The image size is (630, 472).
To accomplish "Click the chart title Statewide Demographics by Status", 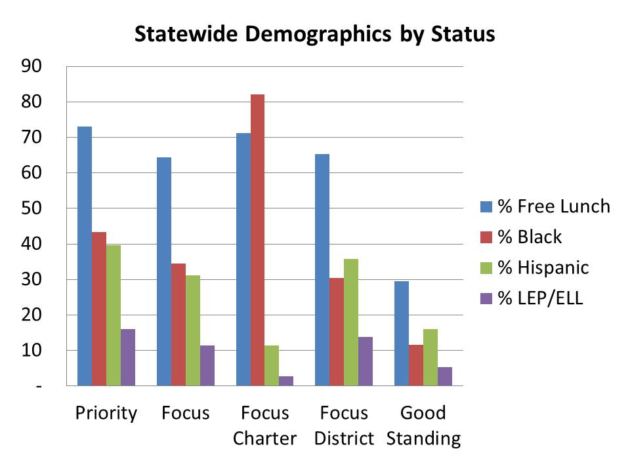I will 314,34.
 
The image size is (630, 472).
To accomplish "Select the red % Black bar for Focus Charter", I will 257,240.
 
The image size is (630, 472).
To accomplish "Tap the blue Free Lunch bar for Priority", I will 85,256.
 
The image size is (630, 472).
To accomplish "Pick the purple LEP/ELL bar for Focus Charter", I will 286,381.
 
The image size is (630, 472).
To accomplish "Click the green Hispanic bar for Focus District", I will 351,322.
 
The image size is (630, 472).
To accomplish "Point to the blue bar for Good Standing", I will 402,333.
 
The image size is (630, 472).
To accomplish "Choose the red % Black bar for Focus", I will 178,324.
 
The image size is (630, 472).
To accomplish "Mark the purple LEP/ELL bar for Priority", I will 128,357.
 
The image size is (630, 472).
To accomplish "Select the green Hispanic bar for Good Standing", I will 430,357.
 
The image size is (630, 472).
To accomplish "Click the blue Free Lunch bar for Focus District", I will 322,269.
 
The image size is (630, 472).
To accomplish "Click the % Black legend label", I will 530,237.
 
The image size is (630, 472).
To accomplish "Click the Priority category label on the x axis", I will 106,413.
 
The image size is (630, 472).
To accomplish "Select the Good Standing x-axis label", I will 423,425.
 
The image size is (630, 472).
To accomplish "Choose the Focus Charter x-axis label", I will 264,425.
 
